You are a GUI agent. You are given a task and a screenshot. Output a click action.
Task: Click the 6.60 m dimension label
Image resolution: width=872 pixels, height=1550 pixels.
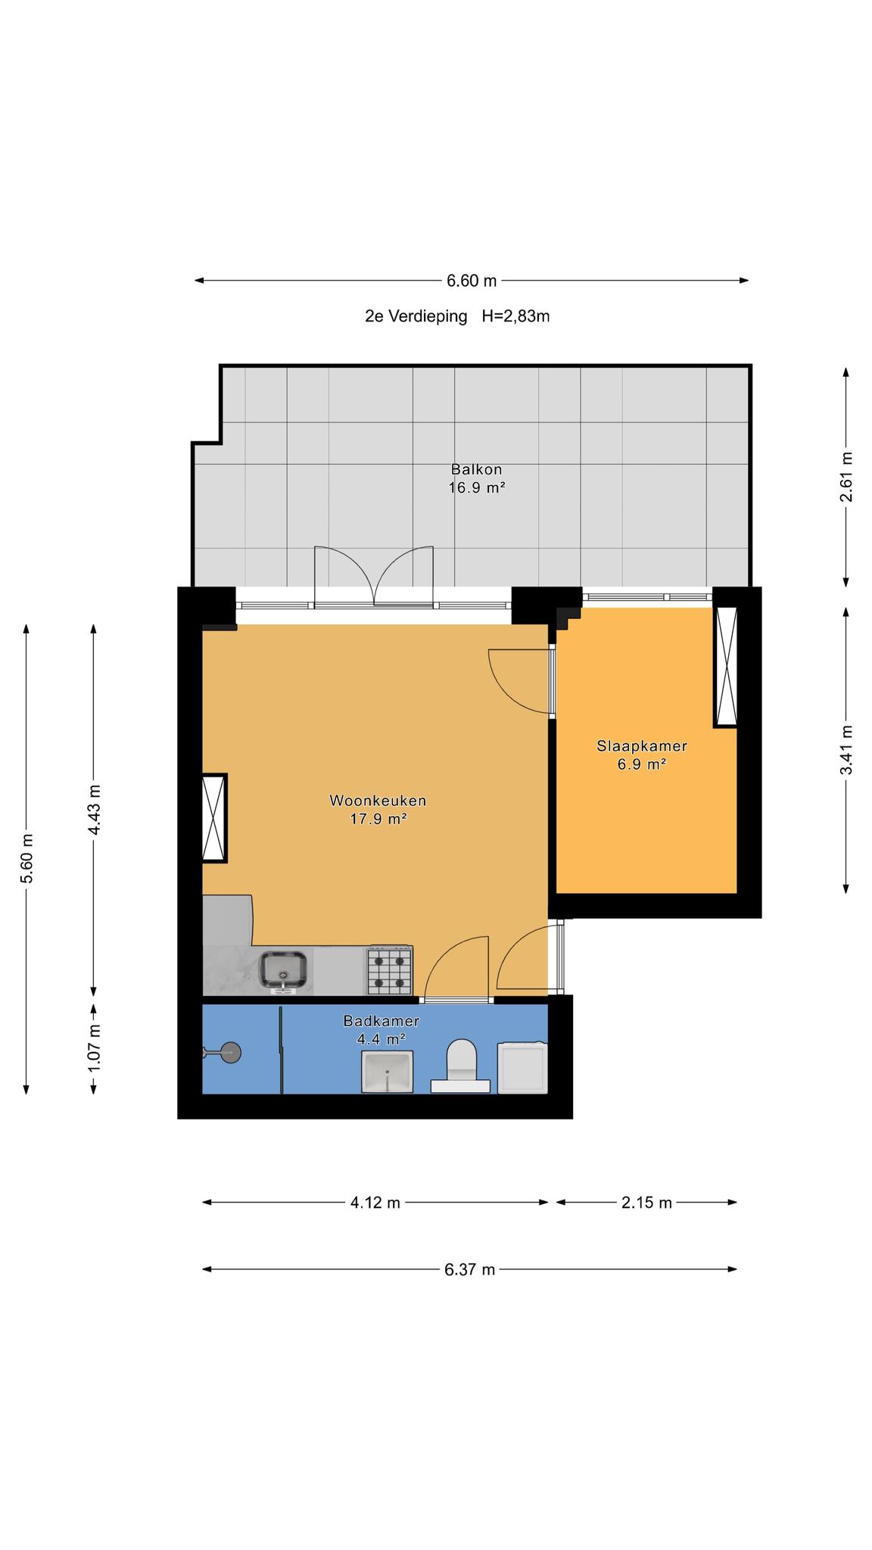[x=472, y=281]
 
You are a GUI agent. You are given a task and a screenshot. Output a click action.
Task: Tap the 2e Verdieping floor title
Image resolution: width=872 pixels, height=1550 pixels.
[x=416, y=316]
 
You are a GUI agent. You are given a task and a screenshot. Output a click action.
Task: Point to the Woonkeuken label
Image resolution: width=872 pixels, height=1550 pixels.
[x=378, y=800]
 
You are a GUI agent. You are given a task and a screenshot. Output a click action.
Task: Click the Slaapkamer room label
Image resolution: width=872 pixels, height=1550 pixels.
[x=642, y=745]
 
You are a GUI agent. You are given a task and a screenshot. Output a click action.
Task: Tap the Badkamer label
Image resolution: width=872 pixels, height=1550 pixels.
[x=381, y=1020]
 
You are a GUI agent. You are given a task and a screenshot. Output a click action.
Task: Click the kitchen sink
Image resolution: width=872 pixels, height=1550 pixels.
[x=284, y=971]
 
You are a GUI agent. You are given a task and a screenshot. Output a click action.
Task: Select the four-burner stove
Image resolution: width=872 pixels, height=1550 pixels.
[x=390, y=970]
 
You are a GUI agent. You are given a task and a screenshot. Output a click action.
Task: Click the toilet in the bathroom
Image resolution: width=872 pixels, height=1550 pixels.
[x=462, y=1066]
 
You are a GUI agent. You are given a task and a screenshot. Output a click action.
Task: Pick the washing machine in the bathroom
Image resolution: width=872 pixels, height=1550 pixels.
[x=522, y=1068]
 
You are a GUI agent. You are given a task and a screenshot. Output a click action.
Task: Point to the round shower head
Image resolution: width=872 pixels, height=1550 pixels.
[x=230, y=1052]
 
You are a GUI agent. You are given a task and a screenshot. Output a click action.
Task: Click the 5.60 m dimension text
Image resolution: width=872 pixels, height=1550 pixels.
[x=26, y=859]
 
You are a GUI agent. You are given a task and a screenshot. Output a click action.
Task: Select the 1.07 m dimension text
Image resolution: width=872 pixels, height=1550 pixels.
[x=94, y=1047]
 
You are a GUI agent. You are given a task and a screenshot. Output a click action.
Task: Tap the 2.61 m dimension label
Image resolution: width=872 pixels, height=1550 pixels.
[x=846, y=477]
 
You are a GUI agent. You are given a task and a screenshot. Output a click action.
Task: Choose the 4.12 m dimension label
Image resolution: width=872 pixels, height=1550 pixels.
[x=375, y=1203]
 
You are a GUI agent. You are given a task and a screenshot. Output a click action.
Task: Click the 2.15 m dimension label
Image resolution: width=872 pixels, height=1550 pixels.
[x=646, y=1203]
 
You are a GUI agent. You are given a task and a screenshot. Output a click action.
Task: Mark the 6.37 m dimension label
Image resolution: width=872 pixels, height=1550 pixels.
[x=470, y=1269]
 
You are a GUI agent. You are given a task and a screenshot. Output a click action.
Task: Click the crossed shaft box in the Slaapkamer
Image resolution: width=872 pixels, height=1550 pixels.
[x=725, y=667]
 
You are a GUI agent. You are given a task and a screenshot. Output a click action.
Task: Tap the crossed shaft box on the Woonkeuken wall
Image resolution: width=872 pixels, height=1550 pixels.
[x=214, y=817]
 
